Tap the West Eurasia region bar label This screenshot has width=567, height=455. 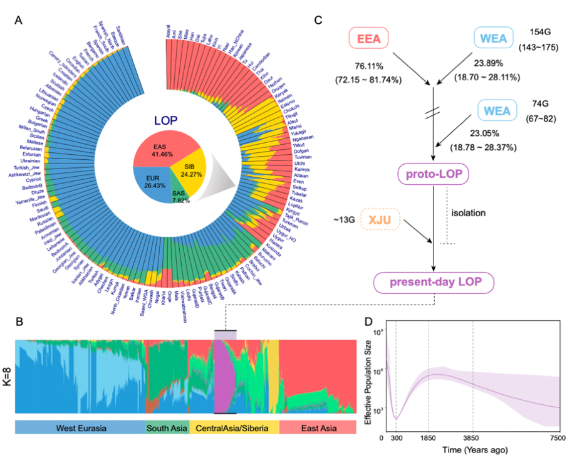pos(80,428)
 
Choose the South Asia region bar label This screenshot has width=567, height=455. pos(167,428)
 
